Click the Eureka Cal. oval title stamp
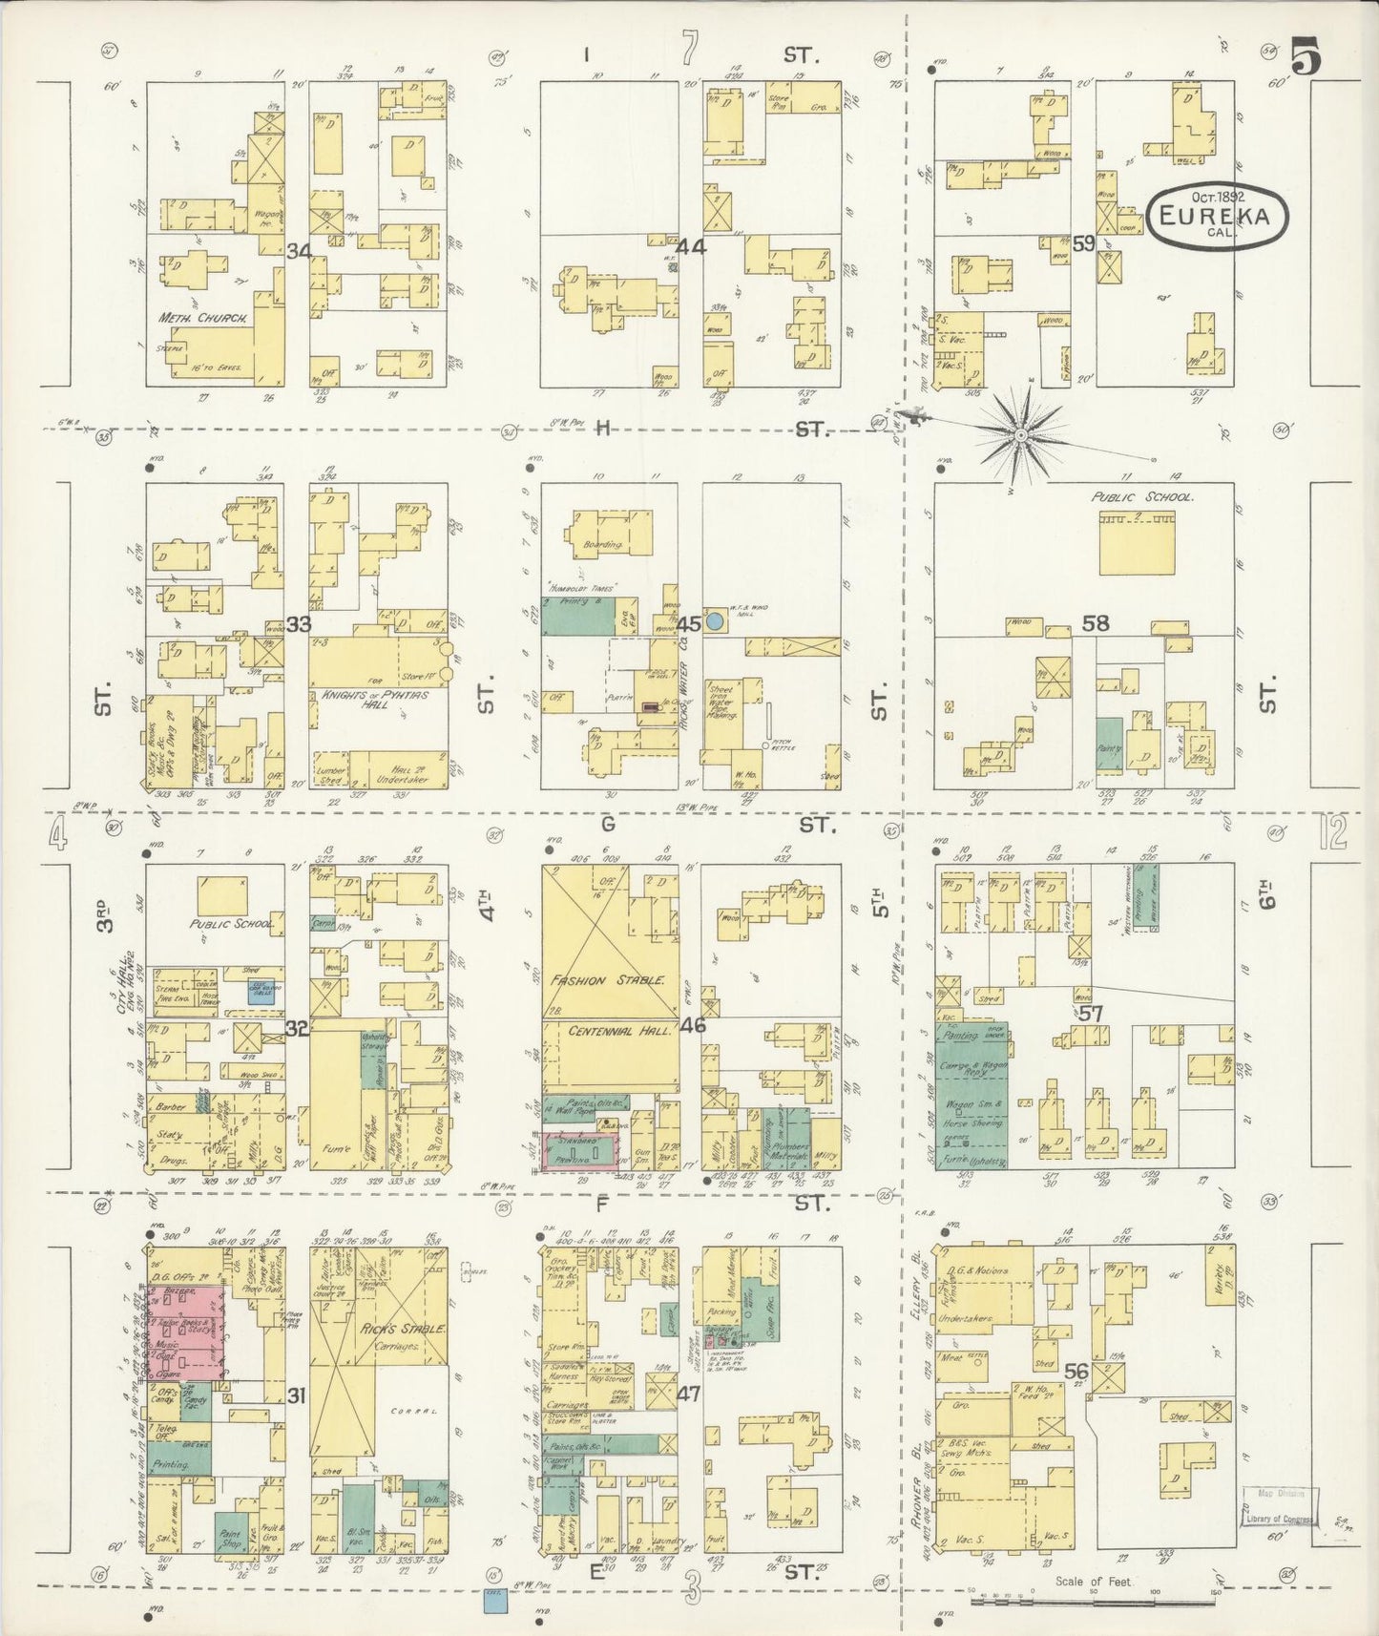tap(1218, 218)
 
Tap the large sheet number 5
tap(1306, 59)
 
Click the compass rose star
tap(1021, 435)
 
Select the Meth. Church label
tap(202, 317)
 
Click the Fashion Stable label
tap(611, 980)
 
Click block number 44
tap(690, 247)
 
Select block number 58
tap(1095, 623)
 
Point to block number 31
tap(296, 1395)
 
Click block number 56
tap(1077, 1372)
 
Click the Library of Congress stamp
tap(1281, 1508)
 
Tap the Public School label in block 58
tap(1143, 497)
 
